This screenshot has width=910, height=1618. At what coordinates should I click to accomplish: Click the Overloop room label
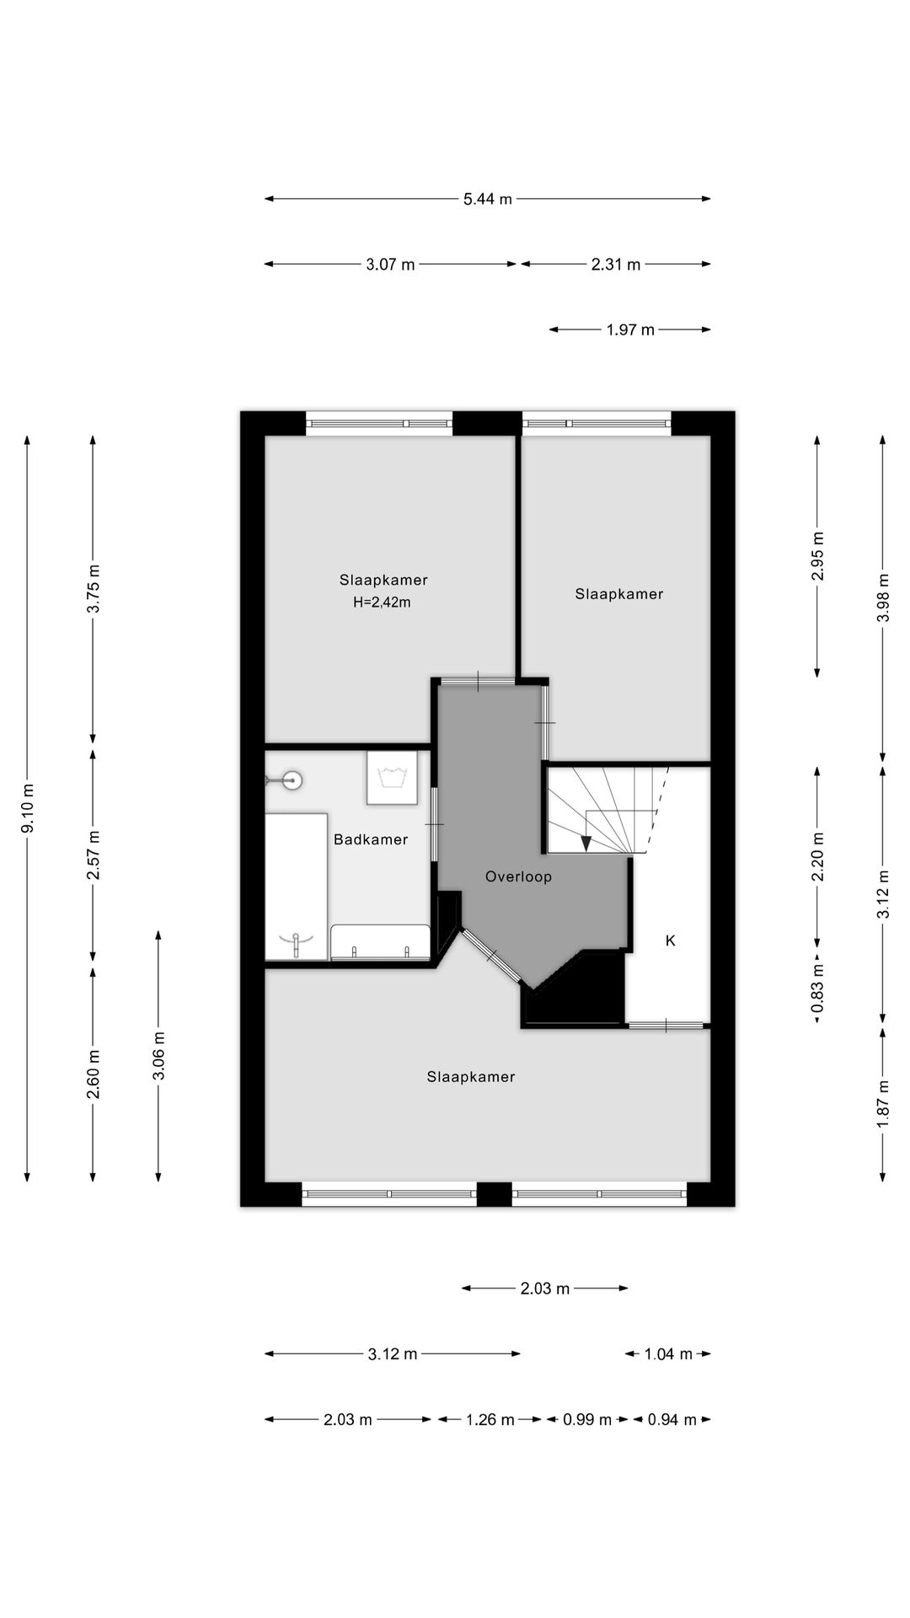point(518,876)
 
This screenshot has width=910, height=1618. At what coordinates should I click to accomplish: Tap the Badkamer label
point(370,839)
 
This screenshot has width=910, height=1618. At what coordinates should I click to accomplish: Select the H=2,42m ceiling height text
point(382,603)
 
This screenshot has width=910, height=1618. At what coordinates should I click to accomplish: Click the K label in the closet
point(671,940)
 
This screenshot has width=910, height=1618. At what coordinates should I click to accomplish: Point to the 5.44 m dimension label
point(487,200)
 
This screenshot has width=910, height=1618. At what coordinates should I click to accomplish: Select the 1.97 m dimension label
point(629,329)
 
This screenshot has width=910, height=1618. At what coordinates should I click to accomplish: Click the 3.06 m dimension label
point(158,1055)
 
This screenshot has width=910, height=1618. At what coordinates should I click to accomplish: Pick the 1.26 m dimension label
point(490,1420)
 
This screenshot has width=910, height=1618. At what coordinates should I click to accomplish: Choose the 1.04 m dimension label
point(667,1354)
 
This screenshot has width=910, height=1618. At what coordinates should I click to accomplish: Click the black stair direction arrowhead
point(586,843)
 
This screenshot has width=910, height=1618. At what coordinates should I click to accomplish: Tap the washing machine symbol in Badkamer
point(392,778)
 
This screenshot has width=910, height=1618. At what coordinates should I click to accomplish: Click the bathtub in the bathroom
point(296,887)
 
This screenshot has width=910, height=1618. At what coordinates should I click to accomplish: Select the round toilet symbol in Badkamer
point(292,780)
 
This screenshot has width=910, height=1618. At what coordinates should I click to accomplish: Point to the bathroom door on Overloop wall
point(435,823)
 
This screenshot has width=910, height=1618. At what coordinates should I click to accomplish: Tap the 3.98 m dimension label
point(882,597)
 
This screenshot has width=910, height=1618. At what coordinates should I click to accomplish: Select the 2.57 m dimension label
point(94,855)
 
